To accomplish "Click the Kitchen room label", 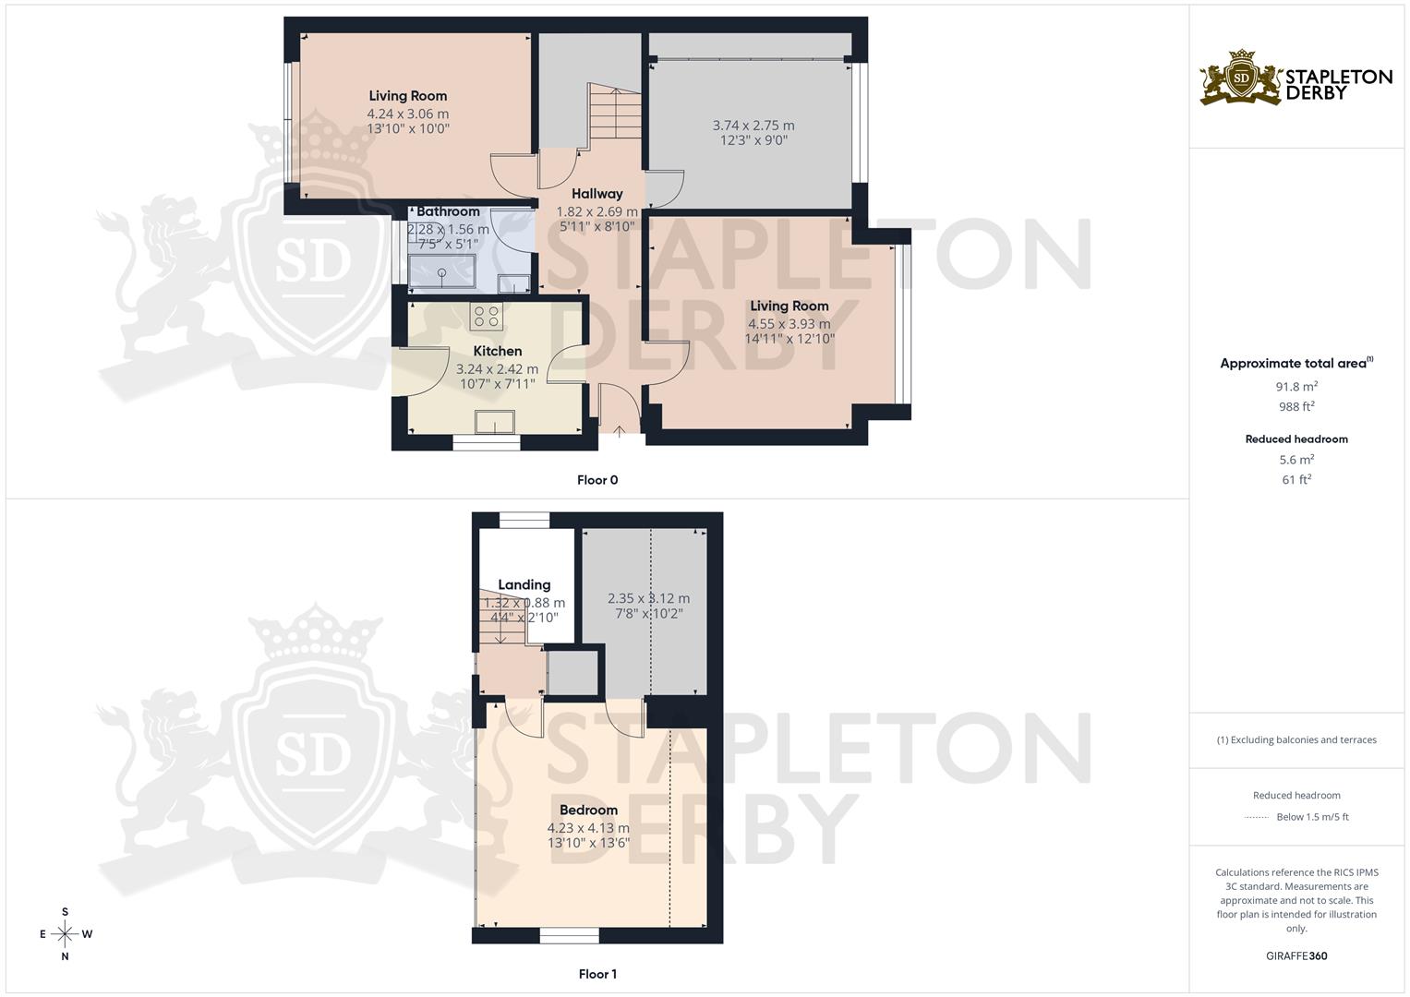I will pos(498,351).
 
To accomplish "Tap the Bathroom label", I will pos(448,211).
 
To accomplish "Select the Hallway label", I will pos(597,194).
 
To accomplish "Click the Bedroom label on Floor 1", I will pos(588,811).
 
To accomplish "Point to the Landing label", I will pos(524,584).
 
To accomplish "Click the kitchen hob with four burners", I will pos(487,317).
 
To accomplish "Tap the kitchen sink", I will pos(496,422).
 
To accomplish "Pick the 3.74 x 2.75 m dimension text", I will pos(753,126).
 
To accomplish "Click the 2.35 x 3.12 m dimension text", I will pos(648,598).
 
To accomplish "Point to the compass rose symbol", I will pos(65,933).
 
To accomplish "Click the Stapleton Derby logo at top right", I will pos(1296,78).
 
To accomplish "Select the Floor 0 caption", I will pos(597,480).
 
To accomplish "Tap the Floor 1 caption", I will pos(597,974).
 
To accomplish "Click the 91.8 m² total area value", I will pos(1296,387).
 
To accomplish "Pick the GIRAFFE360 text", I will pos(1296,956).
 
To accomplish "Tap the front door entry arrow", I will pos(618,430).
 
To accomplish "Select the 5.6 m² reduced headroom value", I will pos(1296,460).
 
